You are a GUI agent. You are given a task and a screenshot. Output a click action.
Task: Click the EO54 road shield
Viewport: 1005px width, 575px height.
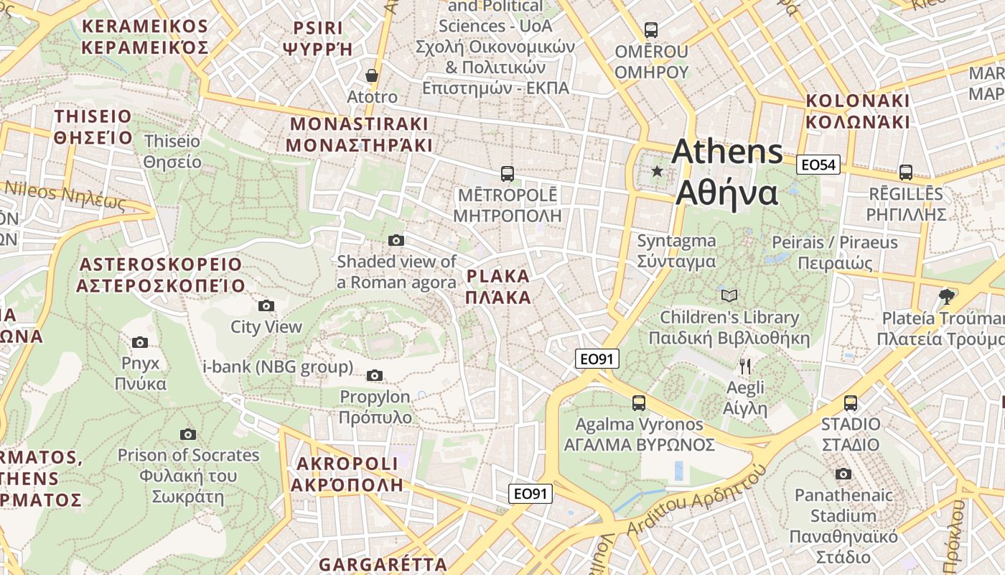click(x=818, y=165)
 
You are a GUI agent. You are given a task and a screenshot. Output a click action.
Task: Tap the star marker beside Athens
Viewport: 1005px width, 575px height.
click(x=657, y=171)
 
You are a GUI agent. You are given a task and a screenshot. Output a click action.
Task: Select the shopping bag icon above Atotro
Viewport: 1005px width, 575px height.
click(x=372, y=75)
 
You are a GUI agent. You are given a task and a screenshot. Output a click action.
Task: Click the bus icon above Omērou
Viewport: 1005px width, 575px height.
click(x=651, y=30)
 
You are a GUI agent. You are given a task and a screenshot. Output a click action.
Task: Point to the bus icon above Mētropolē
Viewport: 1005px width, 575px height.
click(x=508, y=173)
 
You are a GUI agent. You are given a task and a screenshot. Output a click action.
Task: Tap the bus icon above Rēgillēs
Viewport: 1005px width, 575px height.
click(x=906, y=172)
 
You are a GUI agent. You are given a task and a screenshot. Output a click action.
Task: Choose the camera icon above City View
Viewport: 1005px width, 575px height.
click(x=266, y=306)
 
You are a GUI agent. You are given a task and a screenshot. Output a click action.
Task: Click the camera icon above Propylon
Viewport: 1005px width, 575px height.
click(x=375, y=375)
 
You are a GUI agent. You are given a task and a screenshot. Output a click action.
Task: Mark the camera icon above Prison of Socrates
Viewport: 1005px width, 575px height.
click(x=188, y=434)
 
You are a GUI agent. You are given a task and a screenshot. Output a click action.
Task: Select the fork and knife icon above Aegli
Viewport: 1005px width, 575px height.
click(x=745, y=367)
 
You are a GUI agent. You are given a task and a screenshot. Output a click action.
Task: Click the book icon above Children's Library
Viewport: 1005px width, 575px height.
click(x=729, y=295)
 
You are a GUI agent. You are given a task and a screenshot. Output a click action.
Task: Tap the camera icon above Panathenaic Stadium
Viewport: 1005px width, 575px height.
click(x=843, y=474)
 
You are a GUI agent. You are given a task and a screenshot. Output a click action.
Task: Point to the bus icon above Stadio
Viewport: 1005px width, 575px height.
click(x=851, y=402)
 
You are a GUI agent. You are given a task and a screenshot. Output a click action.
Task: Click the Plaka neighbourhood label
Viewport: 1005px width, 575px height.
click(x=499, y=287)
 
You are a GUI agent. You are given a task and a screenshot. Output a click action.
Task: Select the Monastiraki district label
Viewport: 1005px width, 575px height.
click(x=359, y=134)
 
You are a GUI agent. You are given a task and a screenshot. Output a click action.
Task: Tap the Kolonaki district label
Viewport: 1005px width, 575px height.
click(x=857, y=111)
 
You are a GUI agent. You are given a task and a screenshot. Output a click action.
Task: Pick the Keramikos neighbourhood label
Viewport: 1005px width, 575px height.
click(x=144, y=37)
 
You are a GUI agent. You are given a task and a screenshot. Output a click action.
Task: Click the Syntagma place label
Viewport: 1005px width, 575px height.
click(x=676, y=251)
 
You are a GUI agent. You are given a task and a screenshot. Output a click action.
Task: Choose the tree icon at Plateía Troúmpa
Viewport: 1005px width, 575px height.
click(x=947, y=296)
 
